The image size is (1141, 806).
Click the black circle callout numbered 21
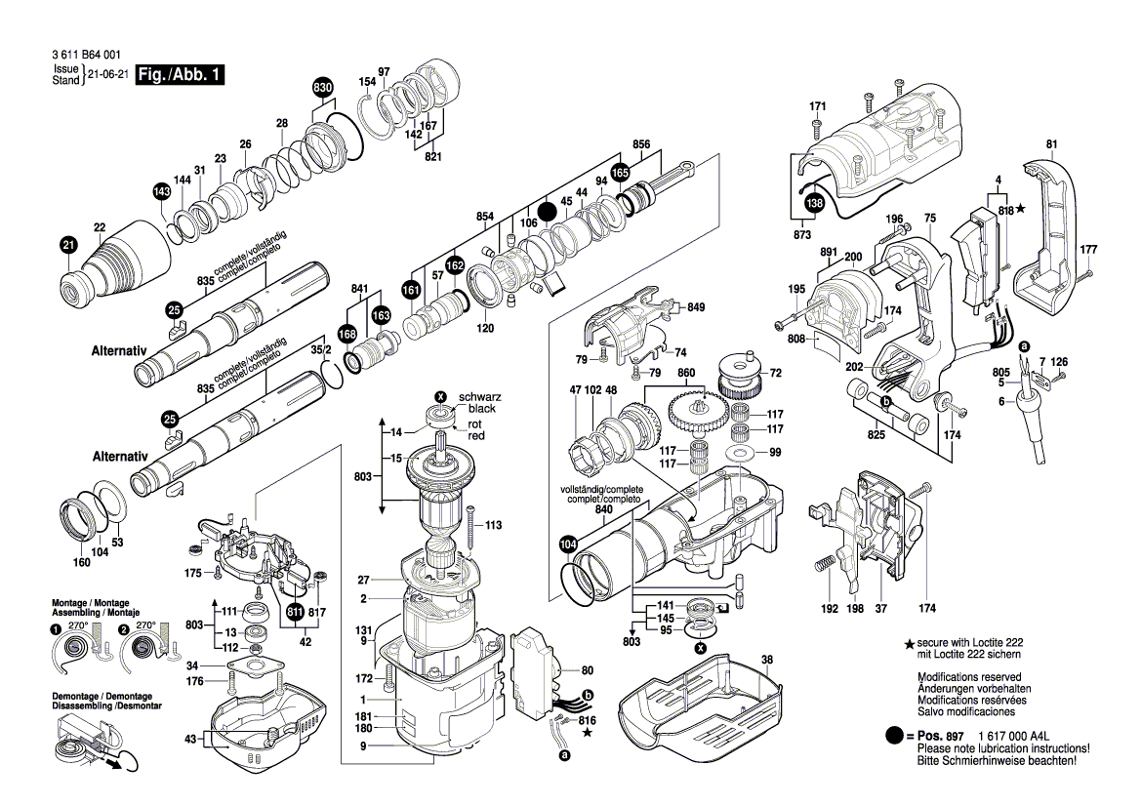tap(67, 246)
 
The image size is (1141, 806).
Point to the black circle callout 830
tap(323, 88)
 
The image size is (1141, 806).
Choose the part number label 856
tap(640, 144)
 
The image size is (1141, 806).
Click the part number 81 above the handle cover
tap(1051, 145)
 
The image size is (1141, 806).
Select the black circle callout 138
tap(813, 204)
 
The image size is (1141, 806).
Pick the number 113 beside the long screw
tap(493, 525)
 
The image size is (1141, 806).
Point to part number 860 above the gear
tap(686, 373)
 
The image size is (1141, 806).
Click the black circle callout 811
tap(295, 613)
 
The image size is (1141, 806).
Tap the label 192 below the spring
tap(829, 608)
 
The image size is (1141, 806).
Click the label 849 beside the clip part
tap(695, 306)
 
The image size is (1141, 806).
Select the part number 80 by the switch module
tap(587, 670)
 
